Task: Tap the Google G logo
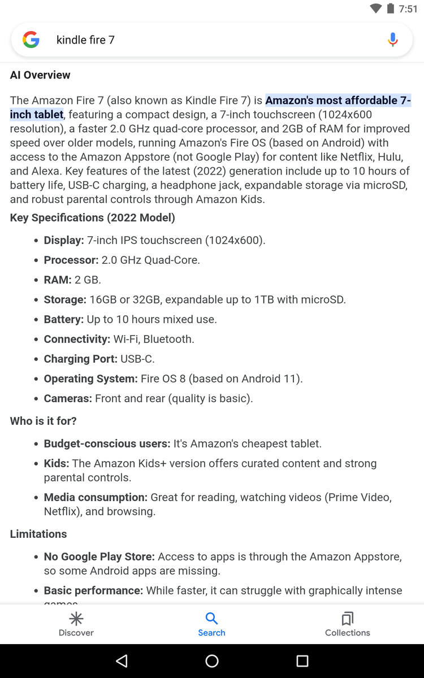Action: [x=31, y=40]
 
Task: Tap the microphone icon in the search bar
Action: [x=393, y=40]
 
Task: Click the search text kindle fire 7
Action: [x=85, y=40]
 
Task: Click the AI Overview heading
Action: [x=40, y=75]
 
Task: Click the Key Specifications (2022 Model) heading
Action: [x=93, y=218]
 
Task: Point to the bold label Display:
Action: [x=64, y=240]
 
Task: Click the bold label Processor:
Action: [x=71, y=260]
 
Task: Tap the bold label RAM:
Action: [x=58, y=280]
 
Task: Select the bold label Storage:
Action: [x=65, y=299]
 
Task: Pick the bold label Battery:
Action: [x=64, y=319]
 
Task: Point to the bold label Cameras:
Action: [x=68, y=398]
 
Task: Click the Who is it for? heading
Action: [x=44, y=421]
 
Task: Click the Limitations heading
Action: [x=38, y=534]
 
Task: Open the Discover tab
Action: [x=76, y=624]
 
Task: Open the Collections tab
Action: [x=348, y=624]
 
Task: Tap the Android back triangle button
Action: [x=122, y=661]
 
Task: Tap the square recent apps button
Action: [x=302, y=661]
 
